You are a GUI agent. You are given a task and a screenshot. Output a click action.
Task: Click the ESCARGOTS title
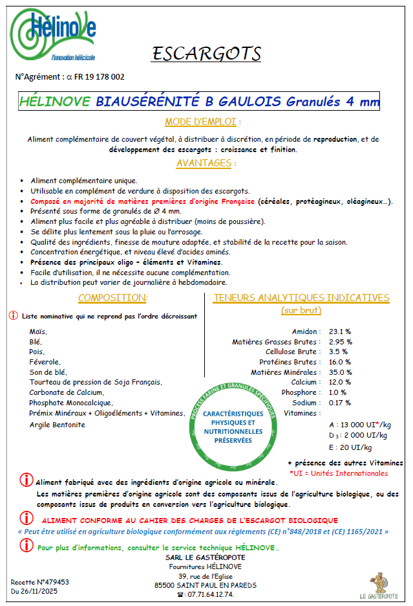click(206, 54)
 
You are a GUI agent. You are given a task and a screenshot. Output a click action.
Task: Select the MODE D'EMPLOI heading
click(203, 122)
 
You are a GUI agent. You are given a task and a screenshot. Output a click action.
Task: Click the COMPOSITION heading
click(112, 298)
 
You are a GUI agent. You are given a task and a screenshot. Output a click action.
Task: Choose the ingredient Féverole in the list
click(45, 362)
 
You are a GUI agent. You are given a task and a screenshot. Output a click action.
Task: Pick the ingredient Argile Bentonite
click(57, 425)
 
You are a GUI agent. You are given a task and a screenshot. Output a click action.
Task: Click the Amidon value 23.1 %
click(340, 331)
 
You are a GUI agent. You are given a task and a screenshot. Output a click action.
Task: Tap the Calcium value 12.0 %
click(340, 382)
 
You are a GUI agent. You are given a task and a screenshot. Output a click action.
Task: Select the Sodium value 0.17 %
click(340, 403)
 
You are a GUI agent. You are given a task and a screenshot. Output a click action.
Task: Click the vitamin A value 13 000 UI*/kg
click(359, 425)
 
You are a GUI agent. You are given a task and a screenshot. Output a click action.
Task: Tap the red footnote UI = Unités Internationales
click(339, 473)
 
